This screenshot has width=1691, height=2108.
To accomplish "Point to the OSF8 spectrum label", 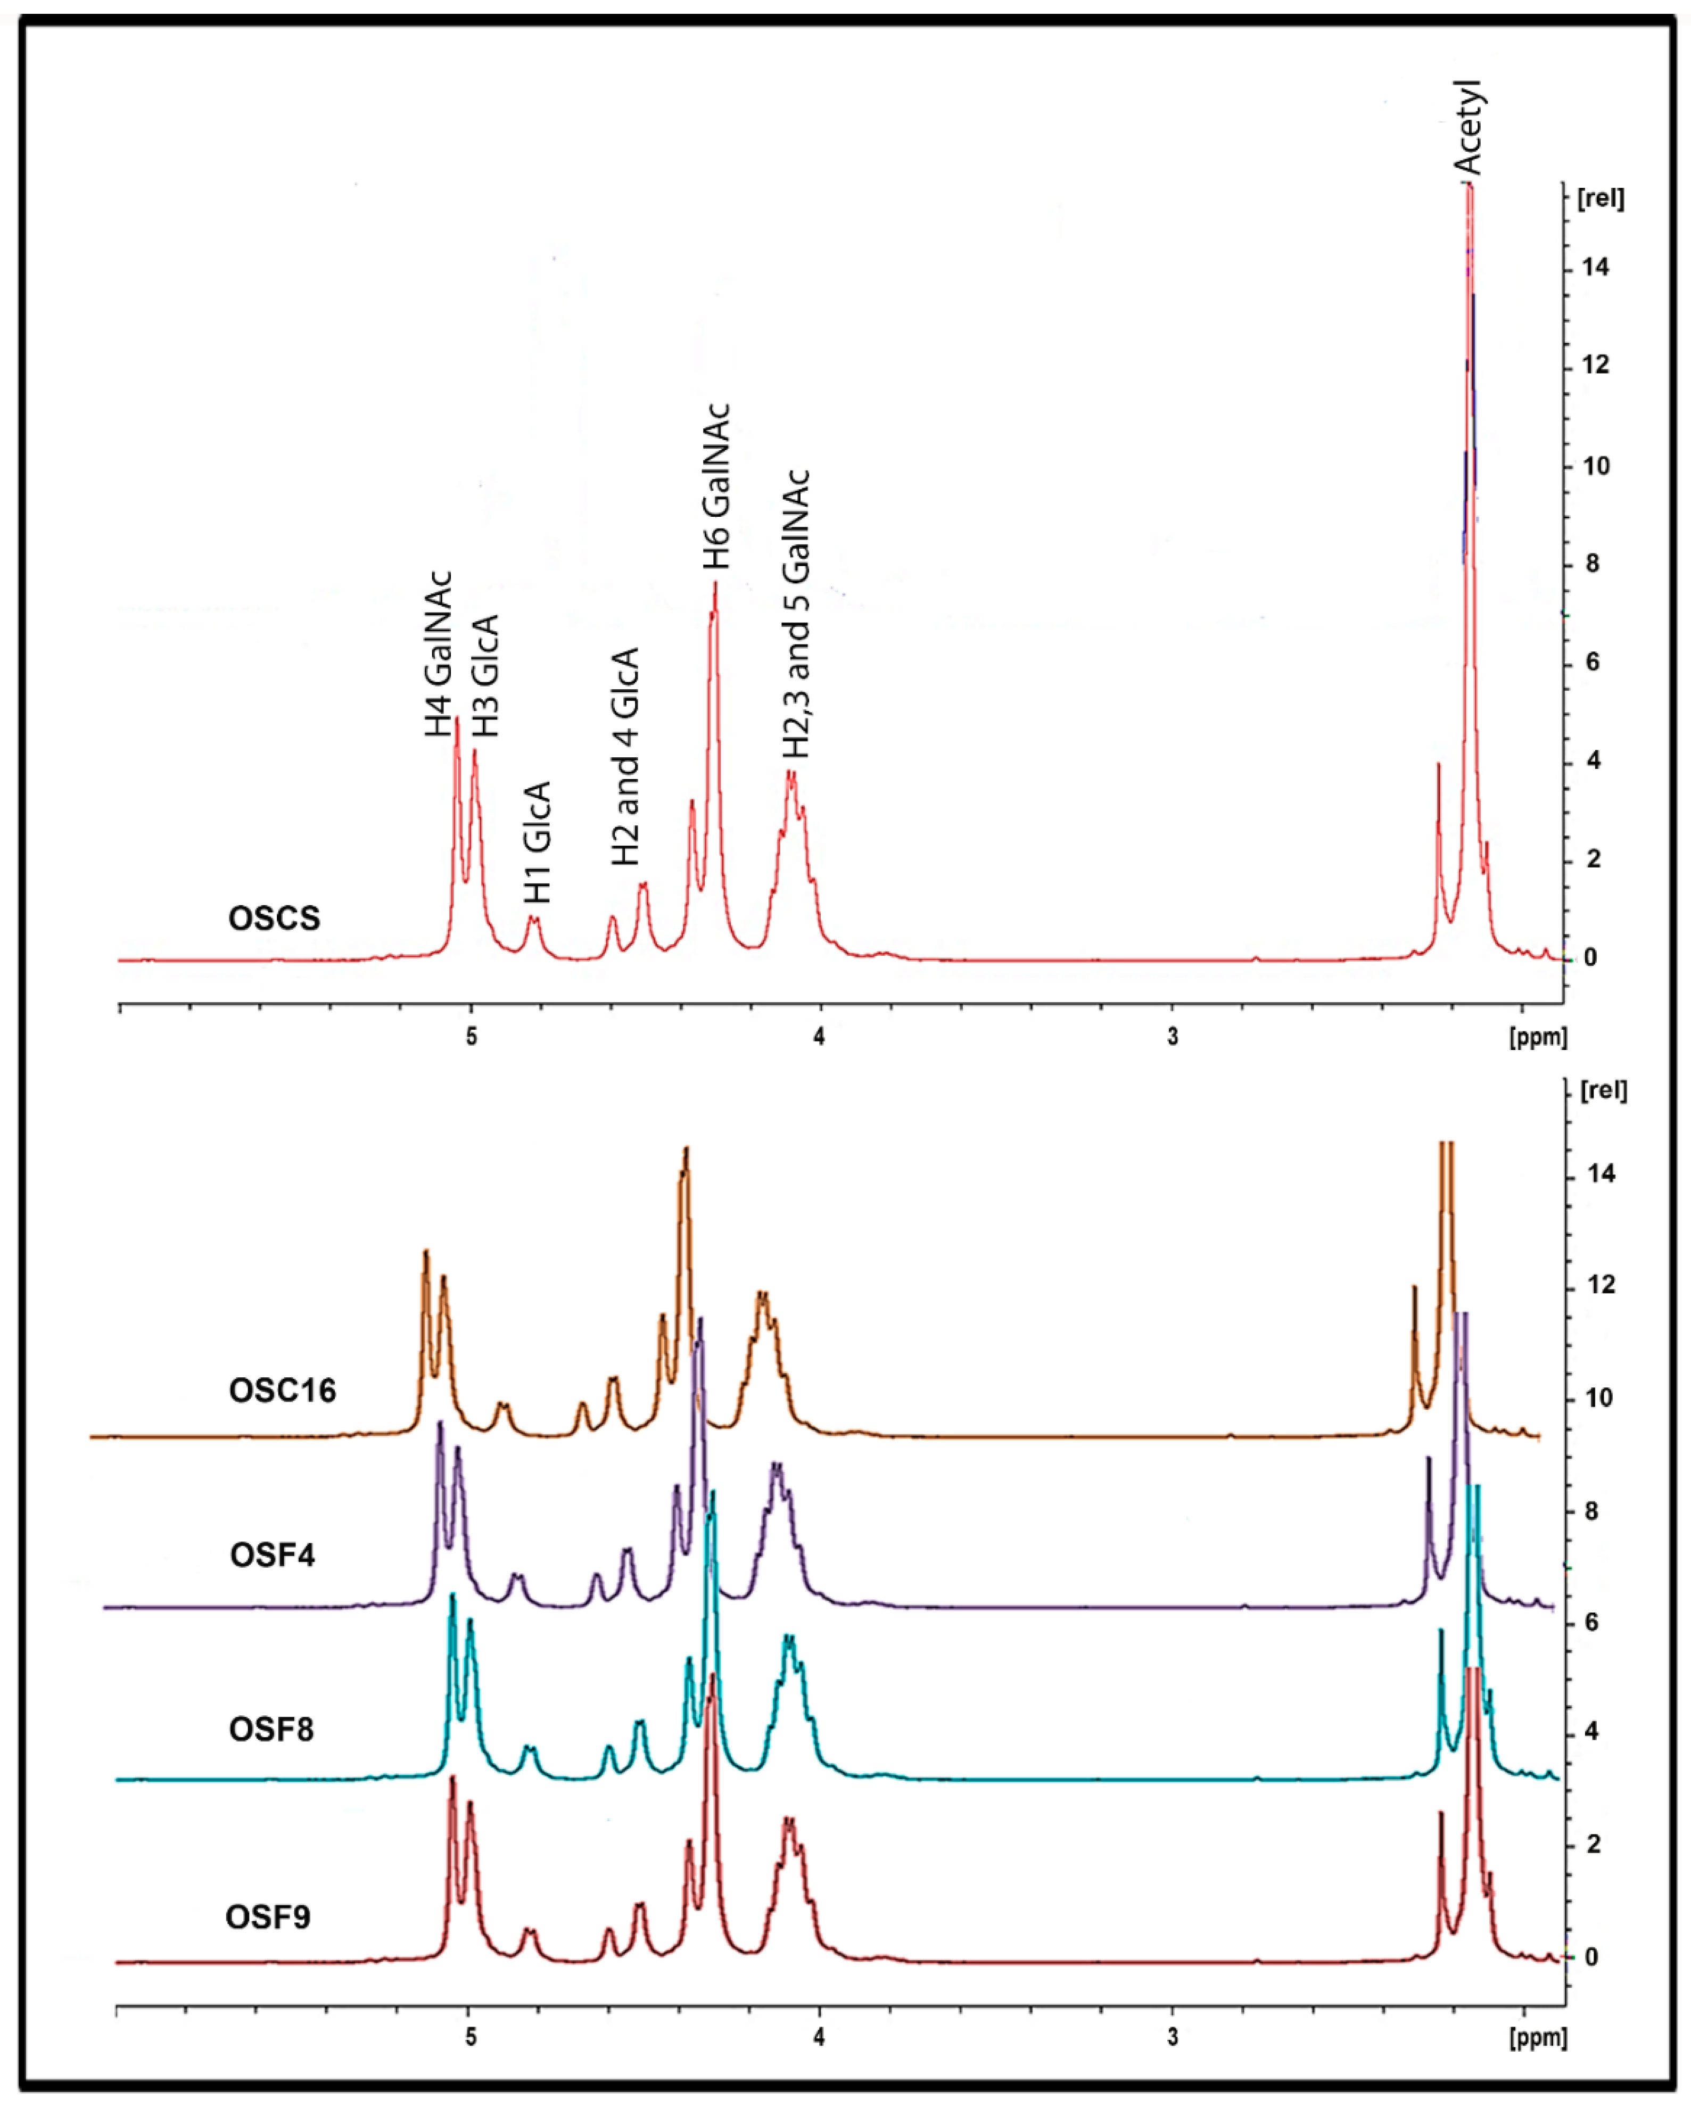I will (271, 1730).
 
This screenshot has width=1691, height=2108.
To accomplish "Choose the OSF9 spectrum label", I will (268, 1917).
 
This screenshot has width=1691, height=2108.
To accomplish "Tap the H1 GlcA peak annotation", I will (537, 843).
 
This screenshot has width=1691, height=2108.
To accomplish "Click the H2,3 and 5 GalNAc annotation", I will (797, 614).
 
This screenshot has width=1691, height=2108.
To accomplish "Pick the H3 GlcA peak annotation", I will (485, 676).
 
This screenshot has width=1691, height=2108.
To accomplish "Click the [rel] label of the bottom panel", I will (1603, 1090).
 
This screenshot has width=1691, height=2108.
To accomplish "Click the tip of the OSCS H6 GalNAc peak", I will (715, 584).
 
